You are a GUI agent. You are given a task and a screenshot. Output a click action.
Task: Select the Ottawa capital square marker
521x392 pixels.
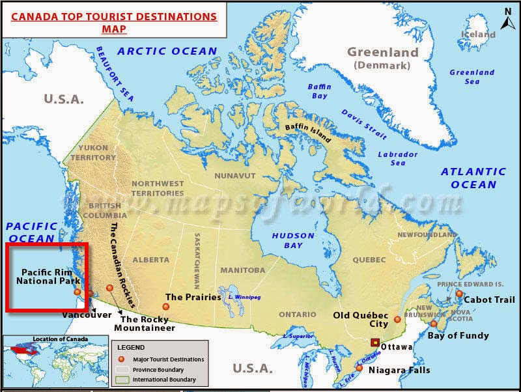point(375,343)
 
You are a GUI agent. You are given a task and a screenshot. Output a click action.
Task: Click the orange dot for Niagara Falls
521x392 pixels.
point(359,368)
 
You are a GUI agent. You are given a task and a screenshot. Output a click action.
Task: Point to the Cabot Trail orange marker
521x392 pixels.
point(459,294)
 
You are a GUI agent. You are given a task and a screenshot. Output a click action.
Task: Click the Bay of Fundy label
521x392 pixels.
point(458,336)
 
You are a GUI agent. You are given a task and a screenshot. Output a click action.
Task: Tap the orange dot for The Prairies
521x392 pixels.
point(166,307)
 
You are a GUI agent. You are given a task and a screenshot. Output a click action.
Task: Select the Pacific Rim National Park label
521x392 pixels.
point(48,276)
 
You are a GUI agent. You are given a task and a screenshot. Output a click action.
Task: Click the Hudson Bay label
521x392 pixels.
point(293,240)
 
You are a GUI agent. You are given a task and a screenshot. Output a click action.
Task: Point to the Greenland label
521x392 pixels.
point(382,53)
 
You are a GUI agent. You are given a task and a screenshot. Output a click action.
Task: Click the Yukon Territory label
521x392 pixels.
point(93,153)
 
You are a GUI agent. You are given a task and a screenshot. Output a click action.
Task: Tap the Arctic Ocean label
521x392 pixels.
point(167,51)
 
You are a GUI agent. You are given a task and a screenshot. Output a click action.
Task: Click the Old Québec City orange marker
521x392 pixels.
point(397,320)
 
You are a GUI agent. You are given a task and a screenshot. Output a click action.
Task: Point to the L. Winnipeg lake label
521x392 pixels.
point(244,297)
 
